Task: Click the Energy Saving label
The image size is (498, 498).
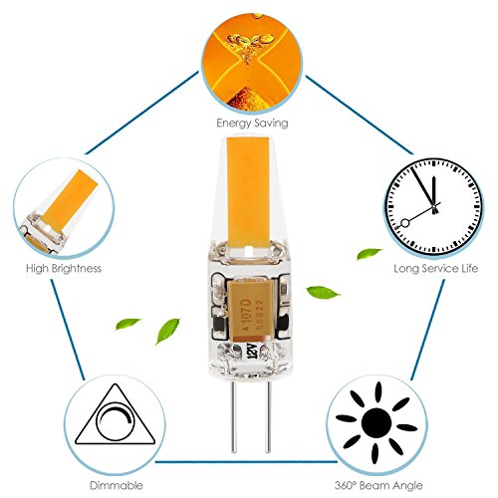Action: coord(252,124)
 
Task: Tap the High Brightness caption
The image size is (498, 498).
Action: coord(64,268)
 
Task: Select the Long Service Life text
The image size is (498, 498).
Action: coord(436,268)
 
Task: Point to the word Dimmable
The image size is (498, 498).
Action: coord(117,486)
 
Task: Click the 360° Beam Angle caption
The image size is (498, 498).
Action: coord(378,486)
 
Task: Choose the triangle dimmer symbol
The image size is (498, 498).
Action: coord(115,415)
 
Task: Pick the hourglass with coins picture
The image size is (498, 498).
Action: coord(252,62)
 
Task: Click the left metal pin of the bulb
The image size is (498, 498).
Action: coord(234,416)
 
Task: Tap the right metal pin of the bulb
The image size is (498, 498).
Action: coord(268,416)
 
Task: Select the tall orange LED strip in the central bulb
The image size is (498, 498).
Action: coord(248,192)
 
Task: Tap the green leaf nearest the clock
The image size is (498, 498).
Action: coord(370,254)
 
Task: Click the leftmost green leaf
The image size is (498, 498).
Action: coord(127,324)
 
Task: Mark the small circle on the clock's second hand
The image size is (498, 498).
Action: coord(405,223)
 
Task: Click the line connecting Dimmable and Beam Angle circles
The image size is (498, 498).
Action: coord(246,461)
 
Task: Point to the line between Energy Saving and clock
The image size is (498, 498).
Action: coord(360,116)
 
